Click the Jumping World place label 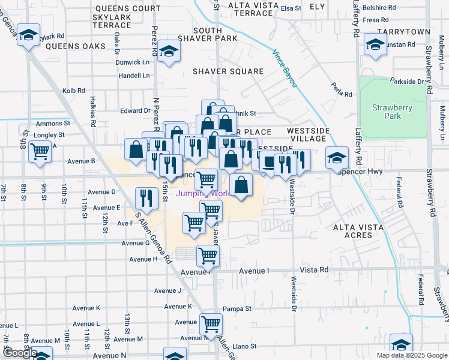[203, 193]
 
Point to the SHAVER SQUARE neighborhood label [228, 71]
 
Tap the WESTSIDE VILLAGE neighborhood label [309, 134]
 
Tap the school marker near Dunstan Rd [376, 45]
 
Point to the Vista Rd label [316, 270]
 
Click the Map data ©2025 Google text [412, 355]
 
